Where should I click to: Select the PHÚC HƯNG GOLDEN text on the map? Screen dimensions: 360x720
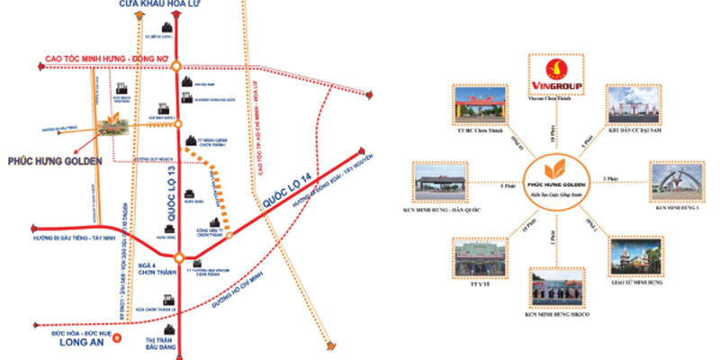point(52,161)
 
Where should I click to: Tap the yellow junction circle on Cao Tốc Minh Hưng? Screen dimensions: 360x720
point(178,65)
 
